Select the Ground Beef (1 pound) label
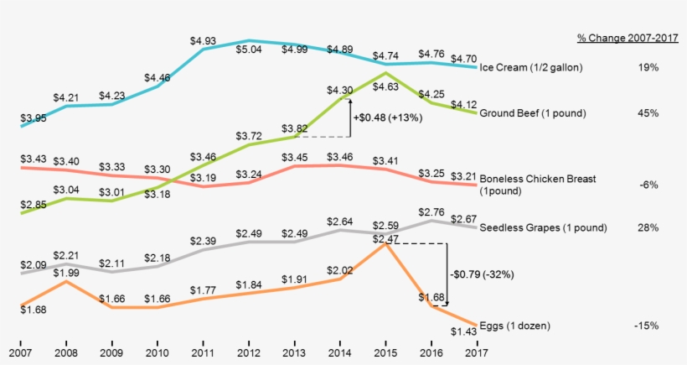click(x=531, y=112)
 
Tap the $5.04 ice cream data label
click(x=248, y=49)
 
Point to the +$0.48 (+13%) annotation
click(x=387, y=118)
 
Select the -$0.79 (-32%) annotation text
click(x=480, y=273)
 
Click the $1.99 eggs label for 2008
click(x=67, y=272)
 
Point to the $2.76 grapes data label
click(x=431, y=212)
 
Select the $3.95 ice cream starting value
click(x=34, y=117)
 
